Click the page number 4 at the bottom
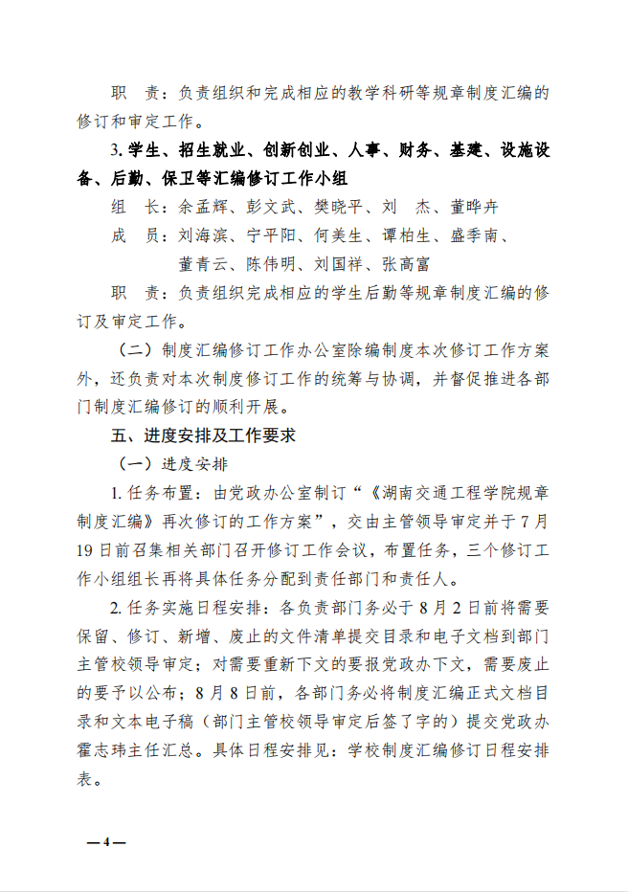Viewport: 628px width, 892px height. pos(107,842)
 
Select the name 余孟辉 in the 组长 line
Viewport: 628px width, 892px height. pos(203,207)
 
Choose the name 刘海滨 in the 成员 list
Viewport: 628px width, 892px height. pos(203,235)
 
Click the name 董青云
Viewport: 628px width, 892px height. pos(203,263)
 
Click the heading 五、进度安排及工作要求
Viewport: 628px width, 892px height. pos(202,435)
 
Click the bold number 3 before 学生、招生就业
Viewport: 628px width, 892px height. pos(114,150)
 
